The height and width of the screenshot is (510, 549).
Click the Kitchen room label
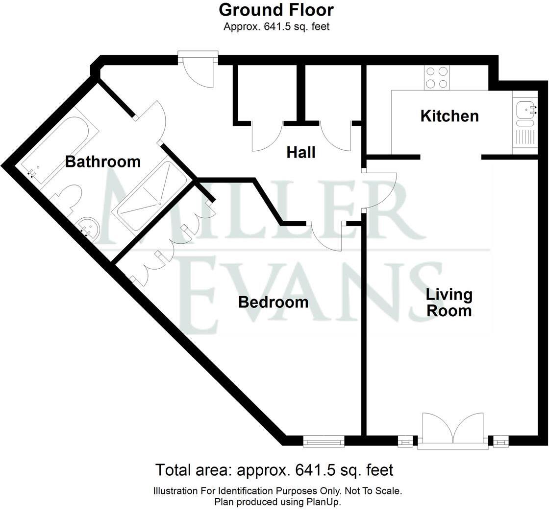click(449, 116)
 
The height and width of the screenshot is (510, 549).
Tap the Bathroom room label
click(103, 162)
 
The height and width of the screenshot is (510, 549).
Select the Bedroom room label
click(273, 302)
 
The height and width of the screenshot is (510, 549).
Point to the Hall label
click(301, 153)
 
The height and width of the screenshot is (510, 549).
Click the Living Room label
click(449, 302)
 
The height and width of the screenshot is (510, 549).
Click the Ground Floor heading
click(276, 10)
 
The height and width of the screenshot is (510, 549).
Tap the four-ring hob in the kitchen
click(437, 77)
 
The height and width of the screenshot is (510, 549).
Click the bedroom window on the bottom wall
click(324, 442)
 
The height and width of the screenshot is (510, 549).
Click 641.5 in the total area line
click(313, 470)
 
